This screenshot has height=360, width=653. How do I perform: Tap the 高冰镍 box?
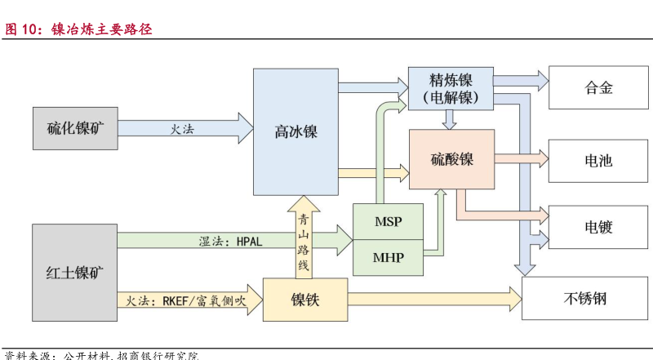(295, 132)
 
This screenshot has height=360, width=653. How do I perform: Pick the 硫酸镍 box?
(451, 159)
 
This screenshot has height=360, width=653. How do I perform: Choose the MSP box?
(388, 222)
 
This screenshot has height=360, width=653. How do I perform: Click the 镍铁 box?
(305, 300)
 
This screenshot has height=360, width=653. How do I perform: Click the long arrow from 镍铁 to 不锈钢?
(433, 300)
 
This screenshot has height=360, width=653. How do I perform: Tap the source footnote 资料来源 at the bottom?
(102, 355)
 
